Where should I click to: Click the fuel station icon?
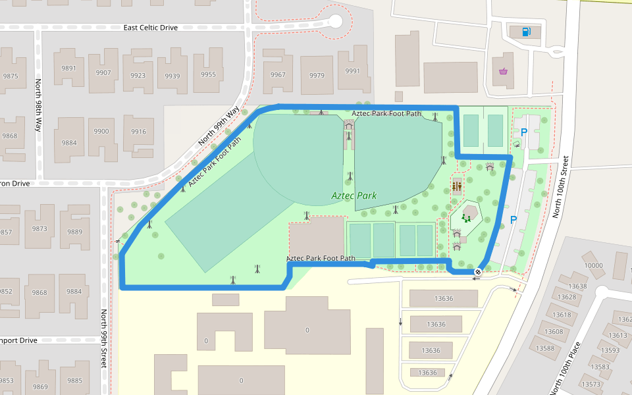pyautogui.click(x=525, y=31)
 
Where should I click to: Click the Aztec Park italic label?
pyautogui.click(x=354, y=196)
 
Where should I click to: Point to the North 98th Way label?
pyautogui.click(x=38, y=105)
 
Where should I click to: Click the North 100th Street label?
pyautogui.click(x=564, y=187)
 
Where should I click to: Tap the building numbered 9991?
pyautogui.click(x=353, y=71)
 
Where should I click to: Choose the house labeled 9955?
pyautogui.click(x=208, y=74)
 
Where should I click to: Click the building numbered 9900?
pyautogui.click(x=101, y=132)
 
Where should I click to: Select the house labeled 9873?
pyautogui.click(x=39, y=229)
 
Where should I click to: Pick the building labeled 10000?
pyautogui.click(x=593, y=265)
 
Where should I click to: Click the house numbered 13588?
pyautogui.click(x=544, y=348)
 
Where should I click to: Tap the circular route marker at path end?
pyautogui.click(x=478, y=272)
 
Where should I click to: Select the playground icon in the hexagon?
pyautogui.click(x=467, y=217)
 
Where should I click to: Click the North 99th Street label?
pyautogui.click(x=103, y=349)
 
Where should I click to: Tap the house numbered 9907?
pyautogui.click(x=103, y=73)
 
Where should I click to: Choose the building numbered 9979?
pyautogui.click(x=317, y=75)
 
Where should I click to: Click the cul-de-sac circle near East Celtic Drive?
pyautogui.click(x=336, y=21)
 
